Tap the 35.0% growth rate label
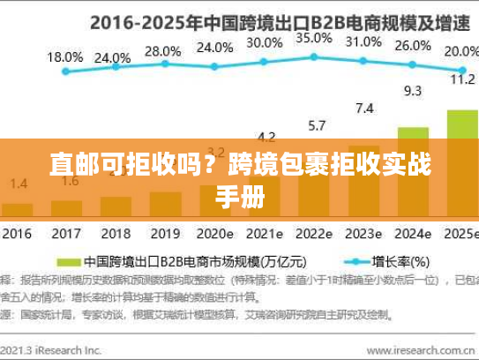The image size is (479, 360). point(314,38)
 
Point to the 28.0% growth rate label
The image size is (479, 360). point(162,51)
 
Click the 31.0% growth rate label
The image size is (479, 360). point(363,41)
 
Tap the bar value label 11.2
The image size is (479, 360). point(462,79)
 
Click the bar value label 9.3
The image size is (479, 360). point(413,90)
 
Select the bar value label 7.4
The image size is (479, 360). point(363,109)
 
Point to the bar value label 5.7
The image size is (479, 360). point(314,125)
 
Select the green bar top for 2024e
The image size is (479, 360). point(413,130)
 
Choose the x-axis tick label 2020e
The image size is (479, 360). point(215,236)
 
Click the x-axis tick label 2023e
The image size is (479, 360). point(363,236)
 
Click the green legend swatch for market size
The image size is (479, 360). point(67,262)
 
